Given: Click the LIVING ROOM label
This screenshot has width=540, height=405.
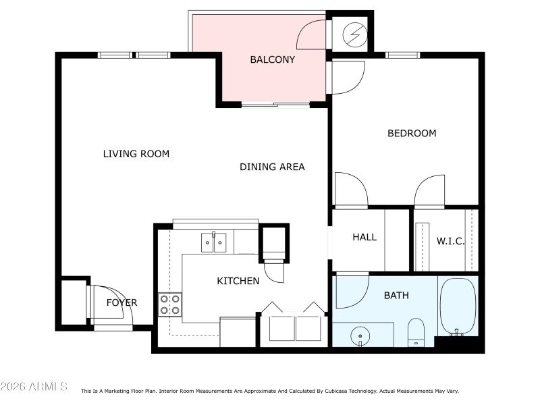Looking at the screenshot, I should pos(136,154).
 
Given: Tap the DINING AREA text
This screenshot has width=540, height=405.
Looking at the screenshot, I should pos(272,167).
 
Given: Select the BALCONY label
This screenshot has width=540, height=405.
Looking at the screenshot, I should pos(272,59).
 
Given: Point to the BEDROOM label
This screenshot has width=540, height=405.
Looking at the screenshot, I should pos(411,133).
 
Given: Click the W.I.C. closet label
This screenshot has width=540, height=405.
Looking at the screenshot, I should pos(450,241).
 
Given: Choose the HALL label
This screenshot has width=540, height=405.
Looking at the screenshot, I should pos(364,238).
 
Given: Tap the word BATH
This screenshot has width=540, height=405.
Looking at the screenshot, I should pos(396,295).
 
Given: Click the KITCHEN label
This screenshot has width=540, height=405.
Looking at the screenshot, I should pos(238,281).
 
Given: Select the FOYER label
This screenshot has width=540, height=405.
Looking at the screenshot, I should pos(122,302).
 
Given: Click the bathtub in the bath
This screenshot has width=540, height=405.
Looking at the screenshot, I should pos(458,307).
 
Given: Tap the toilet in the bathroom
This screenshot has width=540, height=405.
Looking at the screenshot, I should pos(416,331).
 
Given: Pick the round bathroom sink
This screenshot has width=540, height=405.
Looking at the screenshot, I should pos(361,335).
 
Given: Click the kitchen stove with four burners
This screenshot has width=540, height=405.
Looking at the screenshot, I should pos(169,304).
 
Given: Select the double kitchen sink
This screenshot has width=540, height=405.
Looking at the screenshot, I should pos(213,241).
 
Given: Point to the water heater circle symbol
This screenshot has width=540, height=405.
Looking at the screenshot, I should pos(354,33).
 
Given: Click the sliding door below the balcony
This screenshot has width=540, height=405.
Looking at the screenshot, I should pos(275,105).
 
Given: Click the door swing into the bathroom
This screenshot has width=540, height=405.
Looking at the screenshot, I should pos(351,289).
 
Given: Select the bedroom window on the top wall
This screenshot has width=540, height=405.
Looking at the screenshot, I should pos(402,54).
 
